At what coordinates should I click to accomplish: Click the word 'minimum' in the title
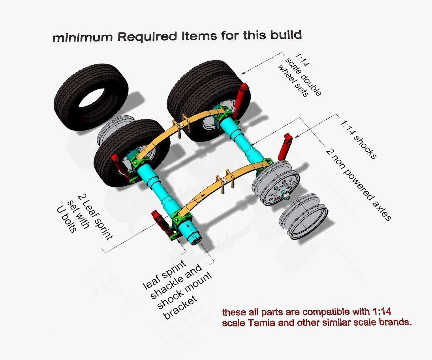point(82,38)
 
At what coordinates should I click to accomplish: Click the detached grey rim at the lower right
point(303,215)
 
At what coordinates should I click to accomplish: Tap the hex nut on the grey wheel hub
point(285,195)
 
